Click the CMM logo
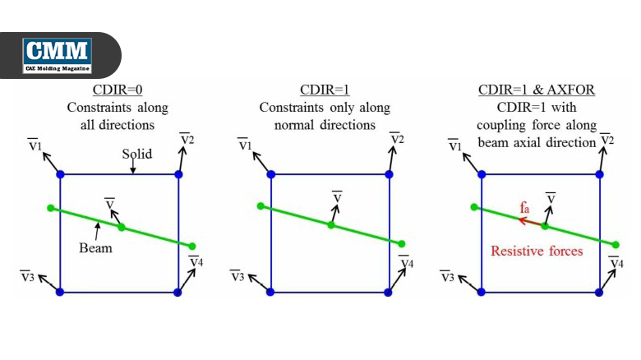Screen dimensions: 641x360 (x=57, y=56)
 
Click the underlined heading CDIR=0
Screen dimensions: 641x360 (x=118, y=90)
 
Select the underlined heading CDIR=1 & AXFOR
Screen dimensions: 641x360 (x=537, y=90)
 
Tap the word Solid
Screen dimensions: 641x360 (x=137, y=154)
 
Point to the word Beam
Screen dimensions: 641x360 (x=95, y=248)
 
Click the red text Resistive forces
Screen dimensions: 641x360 (x=537, y=251)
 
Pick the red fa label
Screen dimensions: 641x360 (x=524, y=208)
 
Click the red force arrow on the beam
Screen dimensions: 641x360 (x=531, y=222)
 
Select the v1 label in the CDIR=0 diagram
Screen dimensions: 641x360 (x=35, y=145)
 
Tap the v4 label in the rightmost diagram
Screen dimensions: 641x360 (x=616, y=262)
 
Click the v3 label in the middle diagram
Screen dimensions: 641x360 (x=237, y=276)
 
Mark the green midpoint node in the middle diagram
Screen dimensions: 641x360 (x=331, y=224)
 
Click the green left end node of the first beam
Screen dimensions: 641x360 (x=51, y=208)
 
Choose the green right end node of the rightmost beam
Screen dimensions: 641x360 (x=616, y=245)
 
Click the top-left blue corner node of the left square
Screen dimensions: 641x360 (x=61, y=175)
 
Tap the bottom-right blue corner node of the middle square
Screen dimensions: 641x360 (x=389, y=293)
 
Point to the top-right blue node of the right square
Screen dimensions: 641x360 (x=600, y=175)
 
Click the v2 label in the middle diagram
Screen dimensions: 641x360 (x=397, y=139)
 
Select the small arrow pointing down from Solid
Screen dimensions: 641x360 (x=133, y=167)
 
